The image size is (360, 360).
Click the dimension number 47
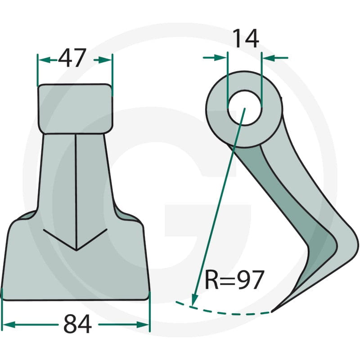pyautogui.click(x=72, y=58)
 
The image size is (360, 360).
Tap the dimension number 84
pyautogui.click(x=77, y=324)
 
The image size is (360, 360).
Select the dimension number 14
pyautogui.click(x=246, y=39)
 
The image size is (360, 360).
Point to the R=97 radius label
pyautogui.click(x=234, y=280)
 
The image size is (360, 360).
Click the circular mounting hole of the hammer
pyautogui.click(x=244, y=108)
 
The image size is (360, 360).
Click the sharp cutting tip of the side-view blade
pyautogui.click(x=272, y=311)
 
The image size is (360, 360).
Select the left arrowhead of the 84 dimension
pyautogui.click(x=9, y=324)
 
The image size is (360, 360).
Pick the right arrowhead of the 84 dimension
pyautogui.click(x=143, y=324)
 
